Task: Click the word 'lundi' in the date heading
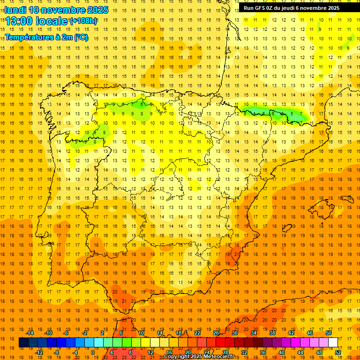pyautogui.click(x=15, y=10)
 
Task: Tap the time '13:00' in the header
pyautogui.click(x=19, y=21)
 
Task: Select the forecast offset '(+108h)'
pyautogui.click(x=83, y=21)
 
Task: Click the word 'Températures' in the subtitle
pyautogui.click(x=28, y=37)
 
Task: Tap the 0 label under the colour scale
pyautogui.click(x=92, y=352)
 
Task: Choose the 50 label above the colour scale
pyautogui.click(x=328, y=333)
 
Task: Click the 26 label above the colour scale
pyautogui.click(x=216, y=333)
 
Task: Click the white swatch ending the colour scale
pyautogui.click(x=333, y=343)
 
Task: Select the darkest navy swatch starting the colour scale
pyautogui.click(x=23, y=343)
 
